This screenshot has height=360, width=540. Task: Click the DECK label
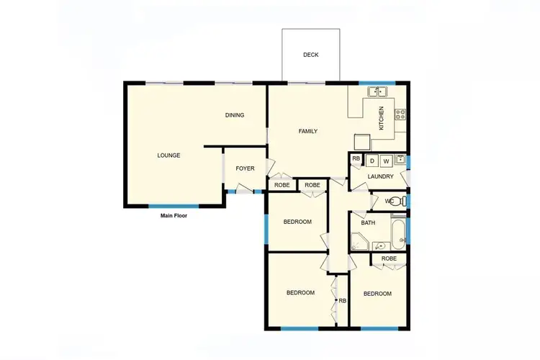coord(310,55)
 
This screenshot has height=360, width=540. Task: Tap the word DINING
coord(235,115)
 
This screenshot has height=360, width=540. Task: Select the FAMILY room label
coord(308,131)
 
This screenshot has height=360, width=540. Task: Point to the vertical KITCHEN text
coord(382,118)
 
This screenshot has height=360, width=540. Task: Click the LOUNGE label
coord(168,155)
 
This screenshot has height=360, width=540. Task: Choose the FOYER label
coord(245,168)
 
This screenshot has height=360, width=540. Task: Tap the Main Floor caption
coord(174,215)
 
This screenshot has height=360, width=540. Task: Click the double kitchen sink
coord(378,91)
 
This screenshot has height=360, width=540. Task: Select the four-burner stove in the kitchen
coord(400,114)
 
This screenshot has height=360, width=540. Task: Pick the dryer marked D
coord(372,161)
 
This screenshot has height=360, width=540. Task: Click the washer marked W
coord(386,161)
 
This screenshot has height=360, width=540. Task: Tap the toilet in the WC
coord(400,201)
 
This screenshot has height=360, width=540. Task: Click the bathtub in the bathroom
coord(399,233)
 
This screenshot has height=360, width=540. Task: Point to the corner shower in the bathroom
coord(359,243)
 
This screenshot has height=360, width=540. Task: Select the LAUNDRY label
coord(380,176)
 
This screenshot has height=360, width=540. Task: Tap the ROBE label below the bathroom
coord(389,258)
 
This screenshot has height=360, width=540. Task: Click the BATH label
coord(368,223)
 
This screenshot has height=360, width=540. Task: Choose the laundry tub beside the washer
coord(400,160)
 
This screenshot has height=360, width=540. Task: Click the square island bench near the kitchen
coord(361,141)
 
